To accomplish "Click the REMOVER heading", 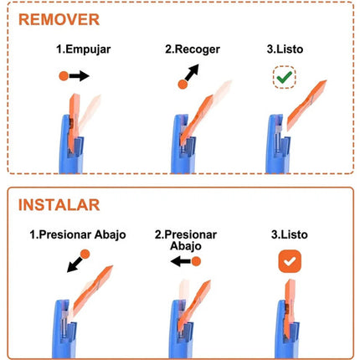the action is coord(59,19).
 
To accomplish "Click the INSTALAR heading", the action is coord(59,205).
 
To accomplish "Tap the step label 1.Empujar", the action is coord(84,49).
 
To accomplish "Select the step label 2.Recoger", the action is coord(193,49).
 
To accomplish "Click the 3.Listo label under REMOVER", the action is coord(285,49).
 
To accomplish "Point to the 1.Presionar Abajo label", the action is coord(78,234).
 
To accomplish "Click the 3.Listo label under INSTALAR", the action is coord(290,234).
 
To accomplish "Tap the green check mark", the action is coord(285,77).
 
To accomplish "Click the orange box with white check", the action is coord(290,261).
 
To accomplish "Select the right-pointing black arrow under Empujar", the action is coord(80,75).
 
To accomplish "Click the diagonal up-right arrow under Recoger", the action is coord(193,72).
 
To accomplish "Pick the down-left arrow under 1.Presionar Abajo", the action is coord(75,265).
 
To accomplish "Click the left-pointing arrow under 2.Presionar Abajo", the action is coord(181,261).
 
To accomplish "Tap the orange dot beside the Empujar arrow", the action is coord(64,76).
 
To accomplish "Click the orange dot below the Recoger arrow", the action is coord(183,85).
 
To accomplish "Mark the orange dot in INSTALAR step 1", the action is coord(85,255).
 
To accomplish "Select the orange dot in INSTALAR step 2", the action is coord(196,261).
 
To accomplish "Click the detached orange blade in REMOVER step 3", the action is coord(306,105).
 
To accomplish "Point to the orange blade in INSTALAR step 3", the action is coord(290,308).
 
